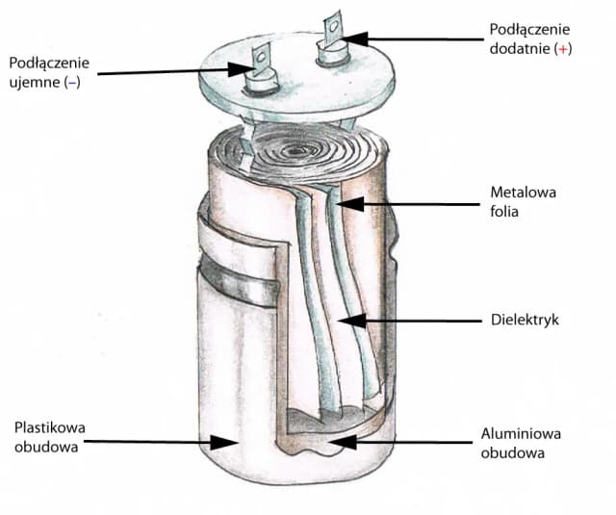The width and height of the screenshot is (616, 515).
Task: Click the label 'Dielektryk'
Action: (525, 320)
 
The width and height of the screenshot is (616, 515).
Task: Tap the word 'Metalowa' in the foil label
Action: (524, 193)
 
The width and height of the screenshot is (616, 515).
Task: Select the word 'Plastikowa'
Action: (49, 427)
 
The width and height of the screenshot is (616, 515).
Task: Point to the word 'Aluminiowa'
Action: (521, 434)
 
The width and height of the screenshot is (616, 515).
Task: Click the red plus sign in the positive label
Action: (563, 49)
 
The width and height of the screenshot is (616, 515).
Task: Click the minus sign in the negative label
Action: (73, 83)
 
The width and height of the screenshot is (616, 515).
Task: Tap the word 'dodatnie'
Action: (520, 48)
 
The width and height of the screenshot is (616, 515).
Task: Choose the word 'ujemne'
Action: (35, 83)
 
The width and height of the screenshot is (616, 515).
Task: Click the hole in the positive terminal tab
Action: (334, 26)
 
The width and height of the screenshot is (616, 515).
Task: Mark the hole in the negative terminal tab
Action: (261, 58)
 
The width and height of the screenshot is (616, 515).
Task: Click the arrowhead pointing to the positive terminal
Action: (355, 39)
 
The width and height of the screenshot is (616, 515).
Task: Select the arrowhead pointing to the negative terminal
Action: (242, 69)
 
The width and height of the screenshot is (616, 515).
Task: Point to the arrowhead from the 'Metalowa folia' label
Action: (350, 204)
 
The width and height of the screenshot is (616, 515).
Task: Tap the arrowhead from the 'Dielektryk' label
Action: (352, 321)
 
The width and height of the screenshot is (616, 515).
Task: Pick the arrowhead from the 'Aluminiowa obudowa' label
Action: (343, 442)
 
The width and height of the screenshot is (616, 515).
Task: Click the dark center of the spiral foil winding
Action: (295, 150)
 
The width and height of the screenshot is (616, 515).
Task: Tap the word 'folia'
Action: (504, 212)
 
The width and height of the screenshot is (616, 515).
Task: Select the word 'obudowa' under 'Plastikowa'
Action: (46, 447)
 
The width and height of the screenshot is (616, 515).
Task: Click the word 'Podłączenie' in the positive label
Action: (529, 30)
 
